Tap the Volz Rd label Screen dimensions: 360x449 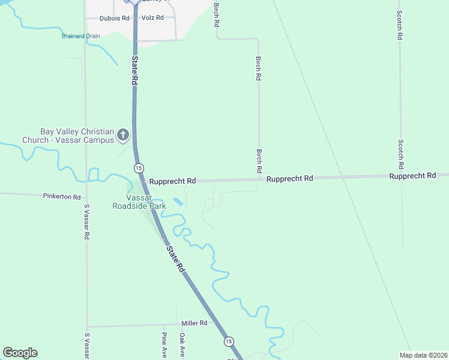point(152,18)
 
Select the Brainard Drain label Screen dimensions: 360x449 point(81,36)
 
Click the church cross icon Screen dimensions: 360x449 point(123,135)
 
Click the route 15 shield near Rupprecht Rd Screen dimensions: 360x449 point(139,167)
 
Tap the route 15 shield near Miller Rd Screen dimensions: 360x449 point(229,341)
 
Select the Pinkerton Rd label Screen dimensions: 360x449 point(62,196)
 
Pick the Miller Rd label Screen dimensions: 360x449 point(194,323)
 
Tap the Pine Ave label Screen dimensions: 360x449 point(164,344)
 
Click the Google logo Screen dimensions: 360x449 point(20,353)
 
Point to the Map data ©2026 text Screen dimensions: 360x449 point(423,355)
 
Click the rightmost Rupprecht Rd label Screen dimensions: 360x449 point(412,176)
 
